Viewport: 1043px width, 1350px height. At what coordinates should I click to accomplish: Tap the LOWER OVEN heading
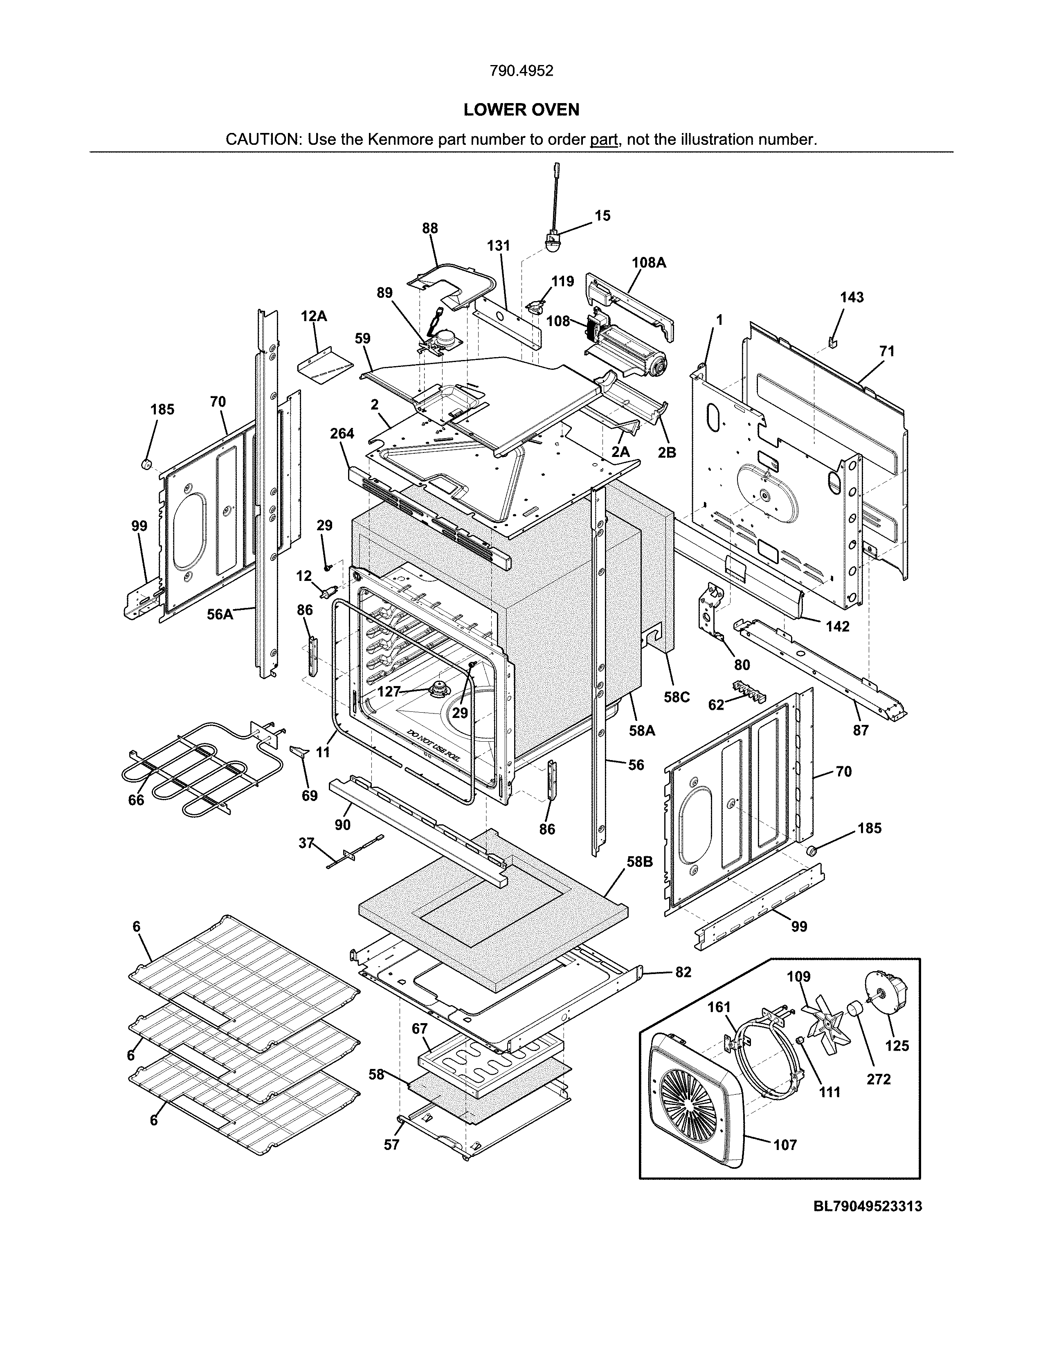click(x=521, y=110)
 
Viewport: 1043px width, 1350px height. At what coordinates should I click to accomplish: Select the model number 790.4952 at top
click(x=521, y=71)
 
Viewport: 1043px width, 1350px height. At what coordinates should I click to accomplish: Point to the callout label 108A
click(x=648, y=262)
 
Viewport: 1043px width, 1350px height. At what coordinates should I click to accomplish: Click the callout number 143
click(x=852, y=297)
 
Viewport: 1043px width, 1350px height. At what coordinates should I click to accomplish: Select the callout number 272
click(x=878, y=1079)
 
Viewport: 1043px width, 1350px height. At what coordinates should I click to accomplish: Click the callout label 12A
click(x=314, y=317)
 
